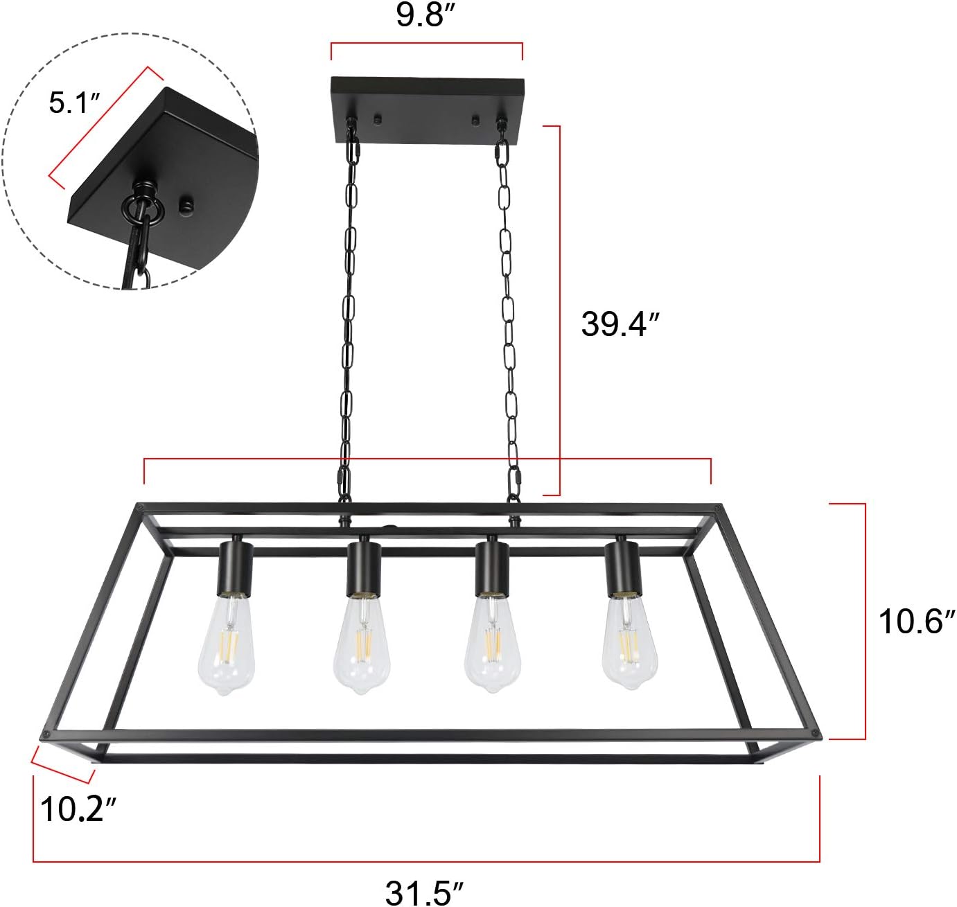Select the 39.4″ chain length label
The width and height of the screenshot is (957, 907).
coord(620,324)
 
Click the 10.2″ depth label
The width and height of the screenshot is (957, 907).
coord(78,809)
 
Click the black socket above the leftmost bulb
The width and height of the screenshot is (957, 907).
coord(235,567)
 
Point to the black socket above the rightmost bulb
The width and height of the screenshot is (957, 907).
coord(622,567)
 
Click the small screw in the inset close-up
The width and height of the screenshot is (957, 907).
coord(186,205)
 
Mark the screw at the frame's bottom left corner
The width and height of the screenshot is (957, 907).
coord(46,735)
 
